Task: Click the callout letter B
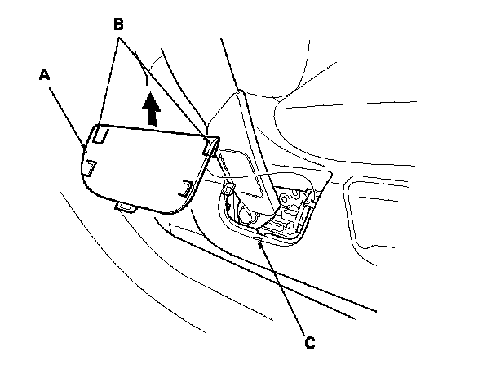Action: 118,25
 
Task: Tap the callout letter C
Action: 308,343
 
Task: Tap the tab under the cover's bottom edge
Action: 126,209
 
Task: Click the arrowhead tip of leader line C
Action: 259,236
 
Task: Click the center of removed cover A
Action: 143,167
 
